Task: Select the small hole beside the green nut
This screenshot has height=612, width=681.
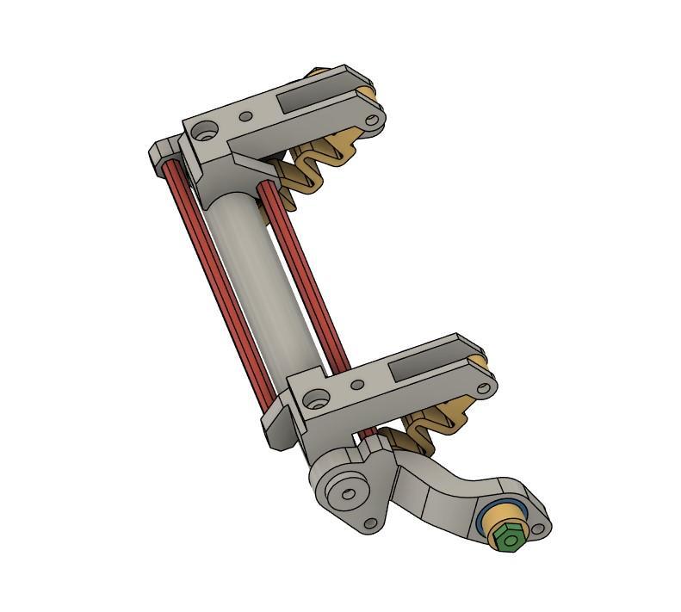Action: [x=539, y=529]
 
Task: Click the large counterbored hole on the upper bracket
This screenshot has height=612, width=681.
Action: [x=205, y=132]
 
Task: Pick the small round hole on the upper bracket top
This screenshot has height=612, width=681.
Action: [x=246, y=116]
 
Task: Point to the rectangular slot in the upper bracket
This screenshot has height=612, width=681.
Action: [x=310, y=96]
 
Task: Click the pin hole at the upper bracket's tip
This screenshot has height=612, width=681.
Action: [x=372, y=121]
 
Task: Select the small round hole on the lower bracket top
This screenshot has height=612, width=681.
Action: [x=358, y=384]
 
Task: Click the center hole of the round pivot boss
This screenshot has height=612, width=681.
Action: [x=348, y=494]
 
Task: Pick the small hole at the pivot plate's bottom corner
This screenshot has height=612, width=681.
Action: [x=371, y=522]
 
